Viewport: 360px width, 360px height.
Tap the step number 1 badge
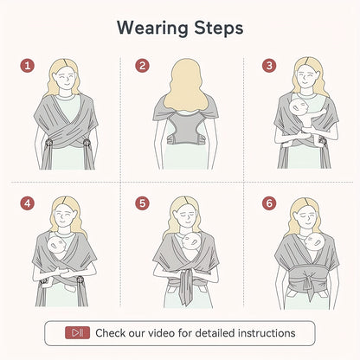(27, 65)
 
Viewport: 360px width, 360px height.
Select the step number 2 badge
(142, 65)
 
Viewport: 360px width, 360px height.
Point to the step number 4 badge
(27, 204)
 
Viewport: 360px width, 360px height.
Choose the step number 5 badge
(142, 204)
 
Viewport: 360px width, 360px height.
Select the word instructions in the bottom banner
(263, 332)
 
